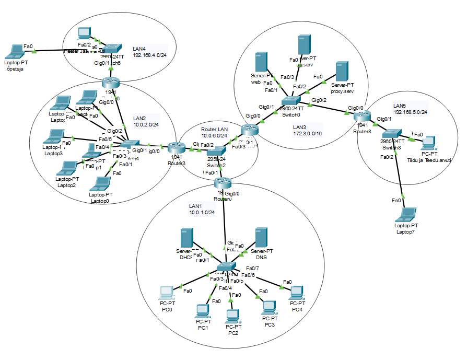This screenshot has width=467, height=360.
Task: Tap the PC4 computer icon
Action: [x=297, y=293]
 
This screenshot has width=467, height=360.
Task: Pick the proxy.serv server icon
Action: [x=342, y=72]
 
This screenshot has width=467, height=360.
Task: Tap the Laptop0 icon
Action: [x=101, y=184]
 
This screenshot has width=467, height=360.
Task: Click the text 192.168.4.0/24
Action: [x=149, y=54]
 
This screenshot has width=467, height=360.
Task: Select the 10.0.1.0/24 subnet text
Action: [x=202, y=213]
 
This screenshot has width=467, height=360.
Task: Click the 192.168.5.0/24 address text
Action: [x=411, y=112]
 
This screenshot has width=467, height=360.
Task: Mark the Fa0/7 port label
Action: [x=252, y=268]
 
